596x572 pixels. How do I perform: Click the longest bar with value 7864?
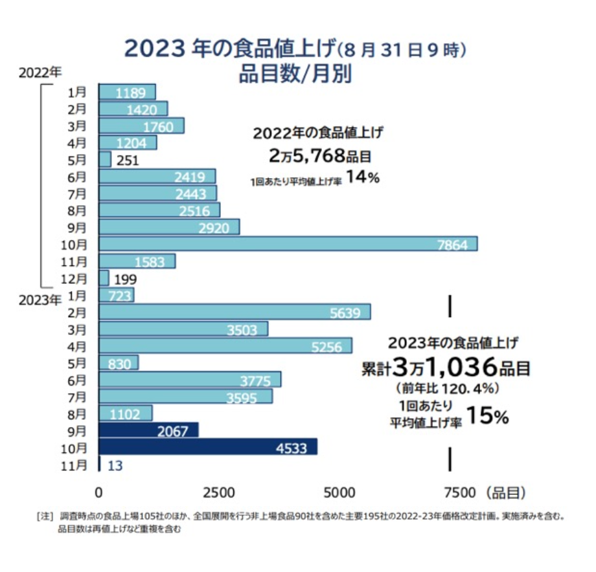pos(288,244)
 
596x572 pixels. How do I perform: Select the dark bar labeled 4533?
pos(208,447)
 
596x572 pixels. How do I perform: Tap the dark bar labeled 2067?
pos(148,430)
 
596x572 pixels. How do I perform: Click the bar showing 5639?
pos(235,312)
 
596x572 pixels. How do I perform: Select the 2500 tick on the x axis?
pos(219,492)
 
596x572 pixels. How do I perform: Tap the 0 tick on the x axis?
pos(99,492)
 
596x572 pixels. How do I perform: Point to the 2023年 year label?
pos(40,300)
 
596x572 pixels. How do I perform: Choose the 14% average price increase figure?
pos(362,178)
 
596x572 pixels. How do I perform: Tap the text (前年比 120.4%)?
pos(446,389)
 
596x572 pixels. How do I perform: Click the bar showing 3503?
pos(183,329)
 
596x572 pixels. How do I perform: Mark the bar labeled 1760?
pos(141,126)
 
